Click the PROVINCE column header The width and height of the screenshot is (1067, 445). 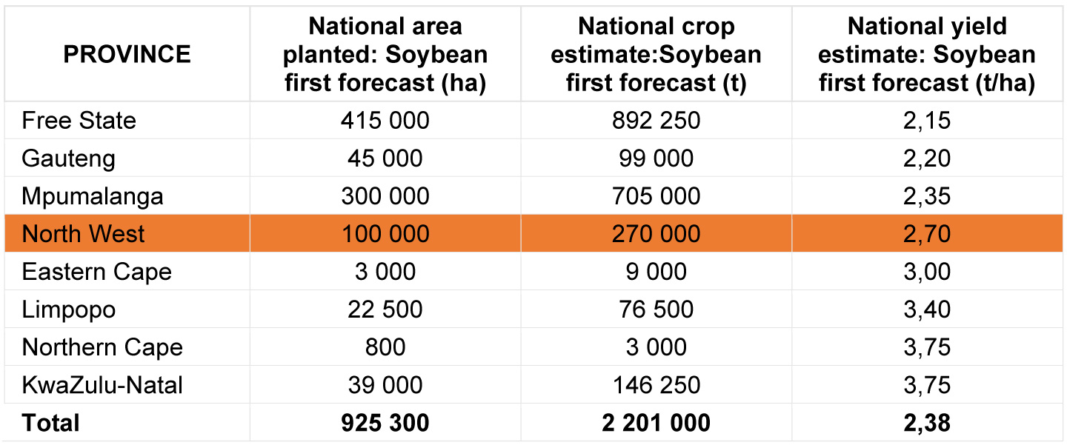127,54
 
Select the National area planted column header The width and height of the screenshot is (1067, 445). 385,54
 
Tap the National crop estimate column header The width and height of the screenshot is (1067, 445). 656,54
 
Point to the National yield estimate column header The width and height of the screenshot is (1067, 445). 927,54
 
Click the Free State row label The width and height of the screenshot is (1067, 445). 79,121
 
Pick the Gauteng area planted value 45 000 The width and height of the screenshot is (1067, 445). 385,158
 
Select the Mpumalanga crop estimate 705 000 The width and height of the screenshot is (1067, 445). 656,195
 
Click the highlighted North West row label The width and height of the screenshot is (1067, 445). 83,234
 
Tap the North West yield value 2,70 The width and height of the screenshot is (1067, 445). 927,234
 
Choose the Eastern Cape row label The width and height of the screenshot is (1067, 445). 96,272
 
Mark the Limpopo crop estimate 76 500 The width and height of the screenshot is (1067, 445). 656,310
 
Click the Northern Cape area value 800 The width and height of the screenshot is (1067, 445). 385,347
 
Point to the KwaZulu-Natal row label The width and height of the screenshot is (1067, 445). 102,385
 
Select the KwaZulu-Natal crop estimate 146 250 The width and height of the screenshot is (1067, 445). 656,385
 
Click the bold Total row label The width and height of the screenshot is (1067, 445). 50,423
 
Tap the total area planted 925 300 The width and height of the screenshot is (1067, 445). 385,423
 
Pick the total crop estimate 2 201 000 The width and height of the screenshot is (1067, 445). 656,423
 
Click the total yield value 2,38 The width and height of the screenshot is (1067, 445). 927,423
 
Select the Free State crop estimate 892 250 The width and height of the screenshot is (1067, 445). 656,121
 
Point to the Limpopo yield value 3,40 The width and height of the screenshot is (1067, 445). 927,310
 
